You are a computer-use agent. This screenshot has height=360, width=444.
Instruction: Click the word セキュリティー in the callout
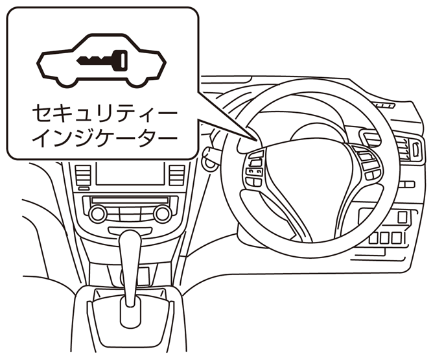click(104, 114)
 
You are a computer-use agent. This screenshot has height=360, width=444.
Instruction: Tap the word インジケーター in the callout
click(104, 139)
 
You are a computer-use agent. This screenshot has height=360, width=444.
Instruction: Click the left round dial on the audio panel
click(98, 213)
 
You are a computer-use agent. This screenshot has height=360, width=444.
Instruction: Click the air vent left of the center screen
click(82, 174)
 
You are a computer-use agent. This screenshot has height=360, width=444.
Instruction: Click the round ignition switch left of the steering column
click(209, 156)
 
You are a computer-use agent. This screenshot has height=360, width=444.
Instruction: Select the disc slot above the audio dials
click(130, 200)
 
